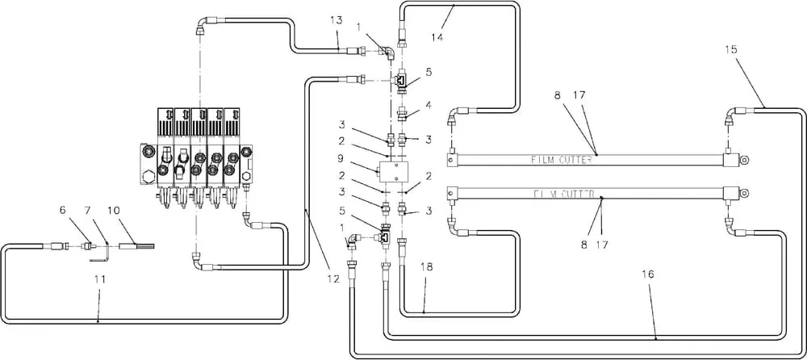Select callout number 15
pyautogui.click(x=730, y=49)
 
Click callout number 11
pyautogui.click(x=100, y=279)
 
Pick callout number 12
pyautogui.click(x=333, y=279)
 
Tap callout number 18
pyautogui.click(x=427, y=267)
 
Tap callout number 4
pyautogui.click(x=429, y=105)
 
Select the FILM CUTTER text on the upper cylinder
pyautogui.click(x=562, y=160)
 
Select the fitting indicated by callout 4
pyautogui.click(x=404, y=112)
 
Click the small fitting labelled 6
pyautogui.click(x=89, y=247)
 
